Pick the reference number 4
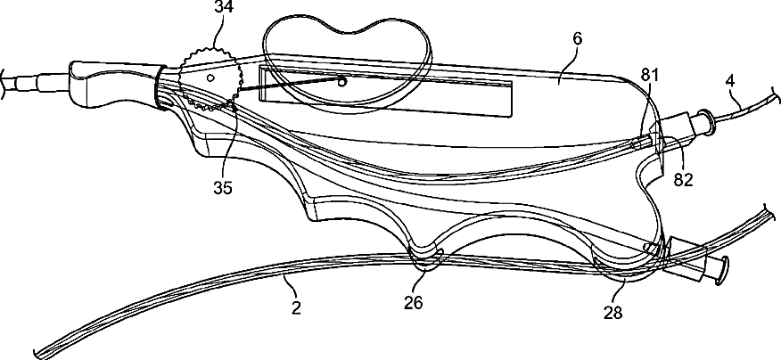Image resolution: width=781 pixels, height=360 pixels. [730, 81]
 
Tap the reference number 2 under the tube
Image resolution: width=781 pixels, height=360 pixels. [296, 307]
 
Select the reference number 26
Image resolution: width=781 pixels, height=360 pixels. [412, 301]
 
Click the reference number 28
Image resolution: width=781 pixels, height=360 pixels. [613, 312]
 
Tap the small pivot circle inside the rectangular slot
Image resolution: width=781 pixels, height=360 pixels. [341, 82]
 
